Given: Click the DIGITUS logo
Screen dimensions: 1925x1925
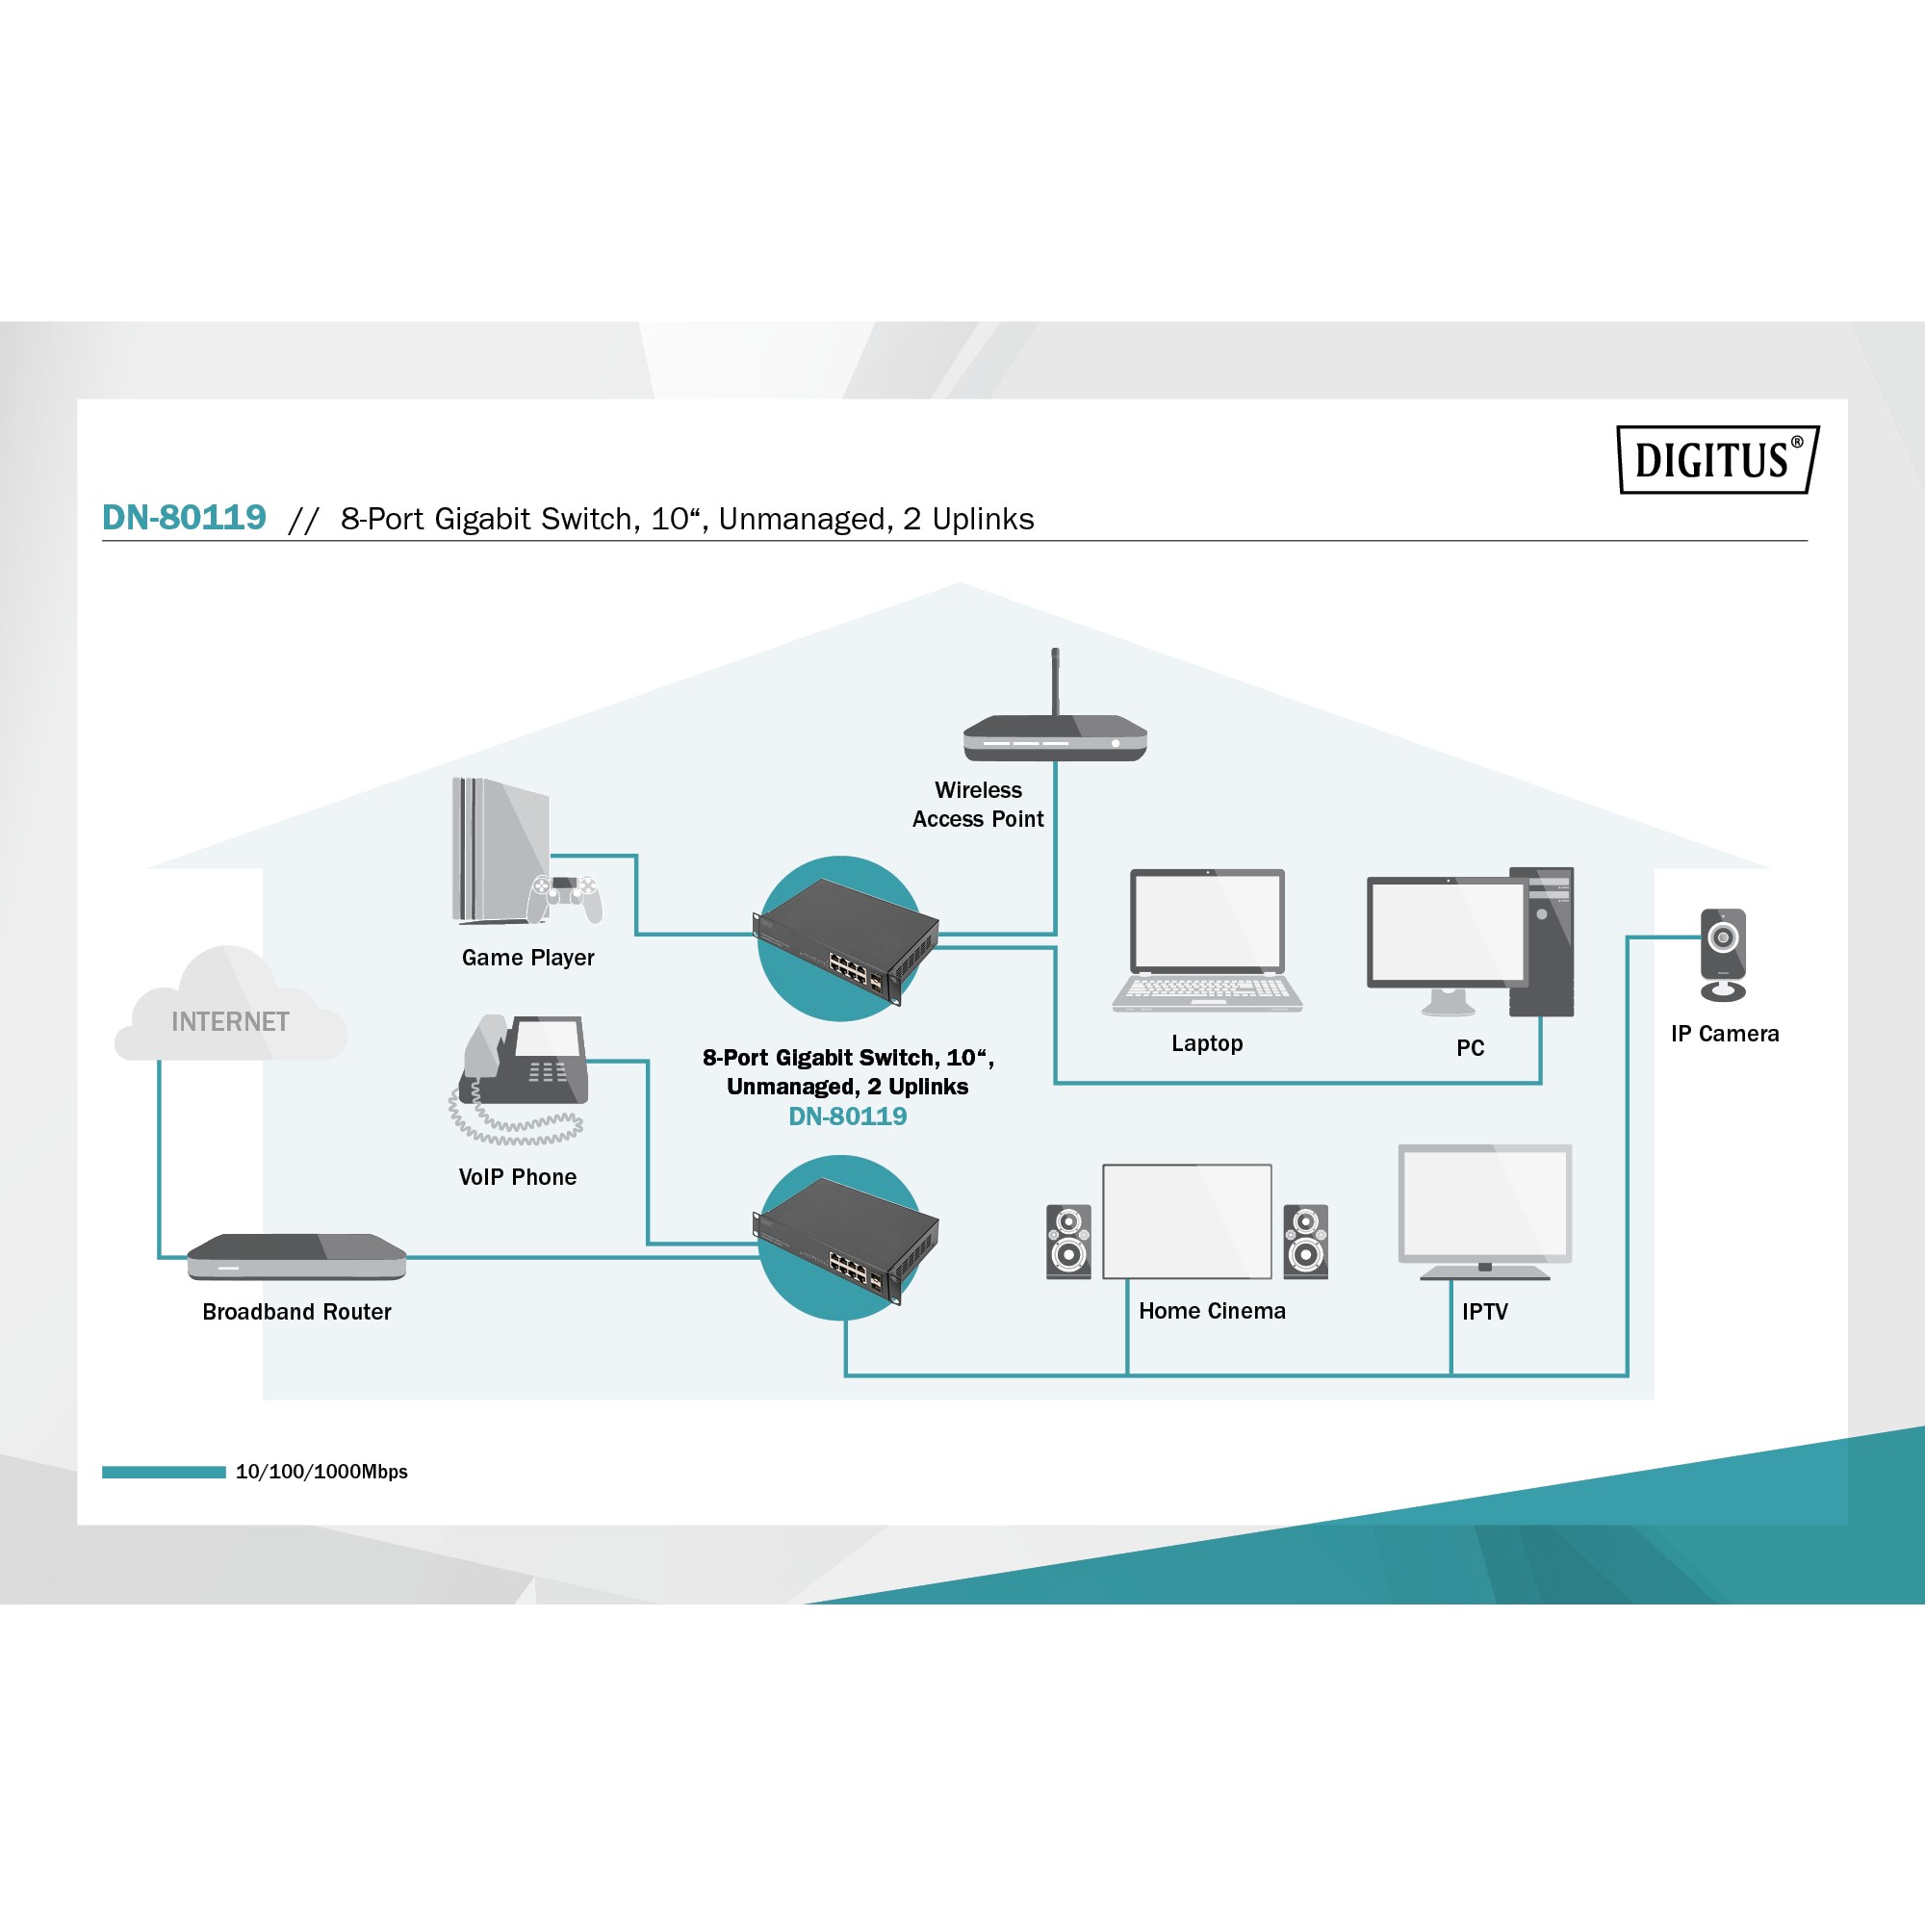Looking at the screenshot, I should [x=1717, y=459].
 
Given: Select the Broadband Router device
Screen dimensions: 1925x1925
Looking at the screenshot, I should [x=295, y=1256].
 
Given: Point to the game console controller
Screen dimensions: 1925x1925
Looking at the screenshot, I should [x=565, y=896].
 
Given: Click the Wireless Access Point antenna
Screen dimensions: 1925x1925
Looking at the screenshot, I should [x=1055, y=682].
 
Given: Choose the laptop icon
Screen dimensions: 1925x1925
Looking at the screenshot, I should [x=1207, y=940].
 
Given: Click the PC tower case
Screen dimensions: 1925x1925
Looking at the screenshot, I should [x=1542, y=941].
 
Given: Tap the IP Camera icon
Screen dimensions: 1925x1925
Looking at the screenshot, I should [x=1723, y=954].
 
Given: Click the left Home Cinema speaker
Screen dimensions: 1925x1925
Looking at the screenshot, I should [x=1068, y=1241].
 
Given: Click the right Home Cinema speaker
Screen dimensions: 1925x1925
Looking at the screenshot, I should [x=1305, y=1241].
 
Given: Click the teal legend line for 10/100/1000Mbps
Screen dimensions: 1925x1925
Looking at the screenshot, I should [x=164, y=1472].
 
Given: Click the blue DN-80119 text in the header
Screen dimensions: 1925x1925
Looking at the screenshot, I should [x=185, y=517].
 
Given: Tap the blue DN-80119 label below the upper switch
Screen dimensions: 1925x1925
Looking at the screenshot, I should [x=848, y=1116].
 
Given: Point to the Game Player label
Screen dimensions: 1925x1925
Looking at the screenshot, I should [x=528, y=958].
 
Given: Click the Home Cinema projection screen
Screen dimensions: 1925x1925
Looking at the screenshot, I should [x=1187, y=1220].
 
